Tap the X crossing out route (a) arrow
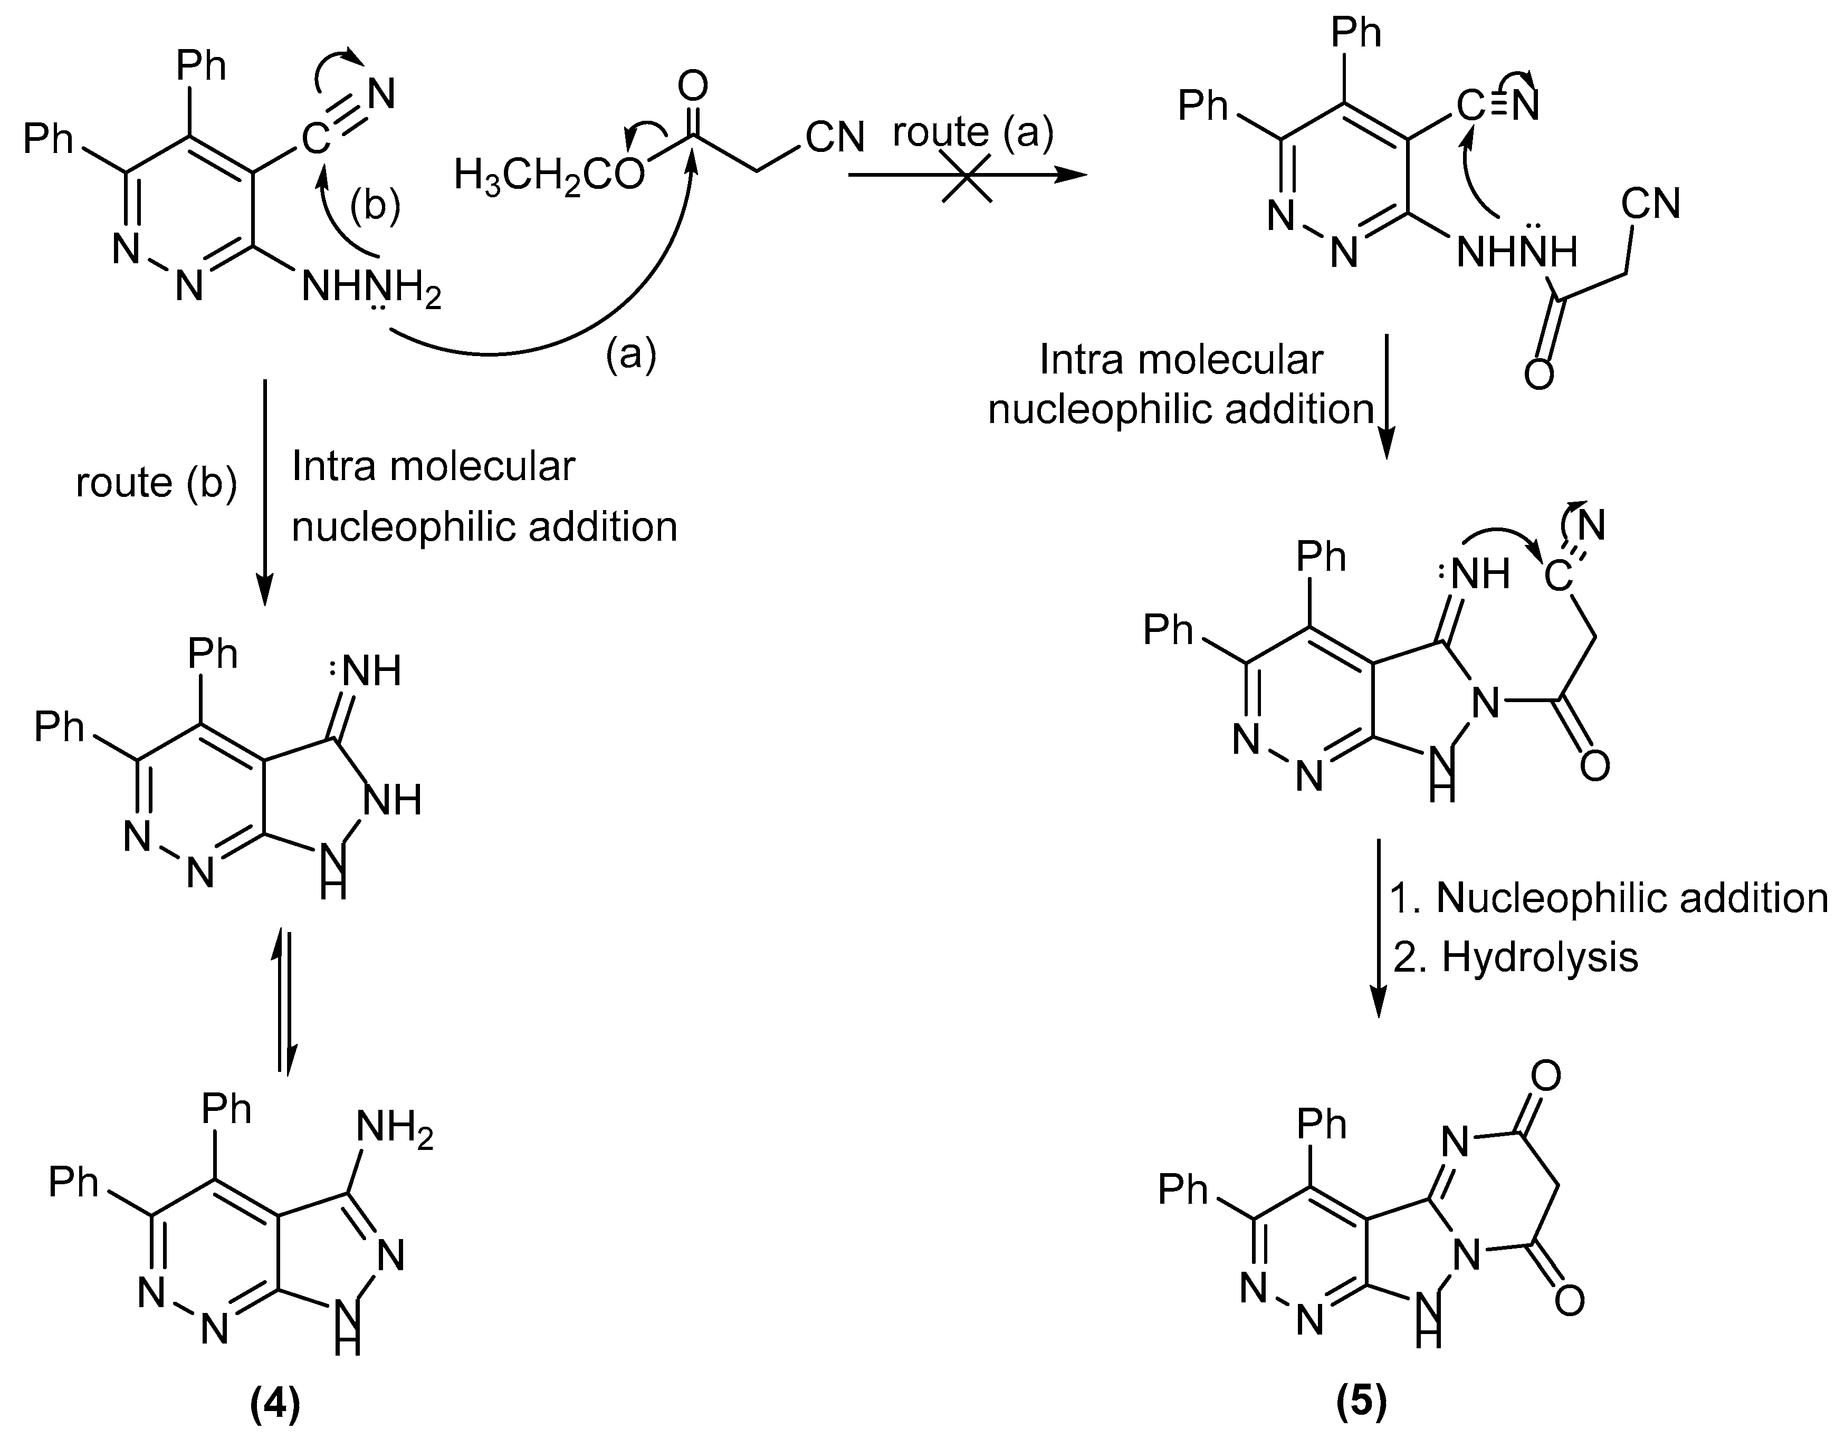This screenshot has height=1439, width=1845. [967, 177]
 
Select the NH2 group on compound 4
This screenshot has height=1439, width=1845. [394, 1131]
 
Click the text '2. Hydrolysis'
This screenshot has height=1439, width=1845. [1516, 957]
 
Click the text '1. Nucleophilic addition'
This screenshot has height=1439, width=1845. [1609, 898]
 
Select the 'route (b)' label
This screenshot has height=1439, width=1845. [156, 483]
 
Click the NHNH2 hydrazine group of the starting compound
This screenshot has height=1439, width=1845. [372, 290]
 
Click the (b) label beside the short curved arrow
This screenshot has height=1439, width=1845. [375, 206]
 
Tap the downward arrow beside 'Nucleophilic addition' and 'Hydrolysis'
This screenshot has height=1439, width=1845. [1379, 929]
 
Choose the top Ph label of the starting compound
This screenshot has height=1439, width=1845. [203, 66]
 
